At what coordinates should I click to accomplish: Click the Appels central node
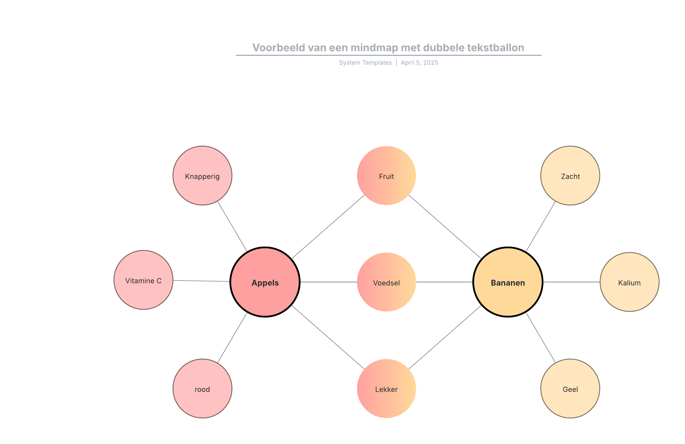coord(265,282)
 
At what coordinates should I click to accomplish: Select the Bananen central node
coord(508,282)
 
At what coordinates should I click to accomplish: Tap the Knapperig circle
coord(202,176)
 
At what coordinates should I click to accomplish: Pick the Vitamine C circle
coord(143,280)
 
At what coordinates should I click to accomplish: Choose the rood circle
coord(202,388)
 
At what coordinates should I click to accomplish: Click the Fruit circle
coord(386,176)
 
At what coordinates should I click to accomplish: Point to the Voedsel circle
coord(386,282)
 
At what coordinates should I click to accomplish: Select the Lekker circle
coord(386,388)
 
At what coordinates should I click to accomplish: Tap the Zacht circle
coord(570,176)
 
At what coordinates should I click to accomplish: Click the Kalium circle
coord(629,282)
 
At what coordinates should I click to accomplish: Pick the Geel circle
coord(570,388)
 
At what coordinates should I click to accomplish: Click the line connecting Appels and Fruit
coord(328,227)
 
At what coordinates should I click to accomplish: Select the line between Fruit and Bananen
coord(445,227)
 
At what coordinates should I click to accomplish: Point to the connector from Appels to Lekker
coord(328,337)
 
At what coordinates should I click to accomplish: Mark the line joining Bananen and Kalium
coord(572,282)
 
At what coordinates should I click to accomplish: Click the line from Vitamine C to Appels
coord(202,281)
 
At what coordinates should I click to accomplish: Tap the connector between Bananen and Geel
coord(541,338)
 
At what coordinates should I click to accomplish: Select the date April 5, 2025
coord(419,63)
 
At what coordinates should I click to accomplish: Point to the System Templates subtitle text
coord(365,63)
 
